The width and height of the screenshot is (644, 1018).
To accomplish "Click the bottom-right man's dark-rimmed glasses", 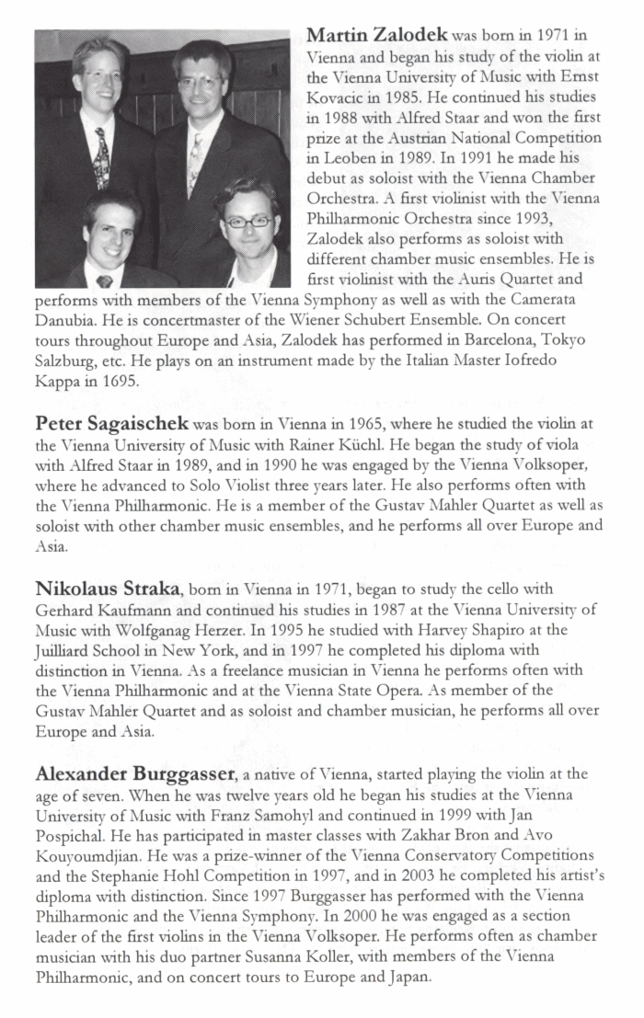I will click(247, 221).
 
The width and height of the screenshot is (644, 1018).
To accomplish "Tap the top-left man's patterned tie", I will click(100, 156).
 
